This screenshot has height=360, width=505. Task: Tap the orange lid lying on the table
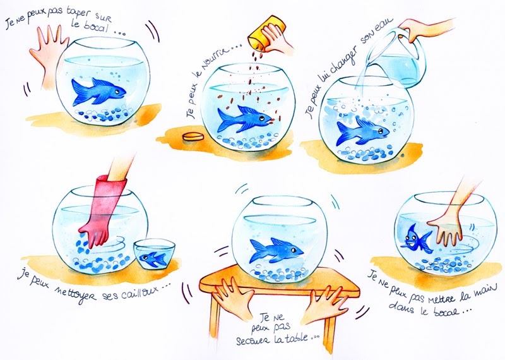[x=193, y=136]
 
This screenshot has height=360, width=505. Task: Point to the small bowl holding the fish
[x=155, y=253]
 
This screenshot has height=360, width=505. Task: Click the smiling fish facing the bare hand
[x=415, y=239]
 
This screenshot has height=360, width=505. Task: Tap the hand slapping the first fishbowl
[x=49, y=55]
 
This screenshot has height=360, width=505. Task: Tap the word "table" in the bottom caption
[x=294, y=339]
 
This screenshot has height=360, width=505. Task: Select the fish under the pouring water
[x=362, y=132]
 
